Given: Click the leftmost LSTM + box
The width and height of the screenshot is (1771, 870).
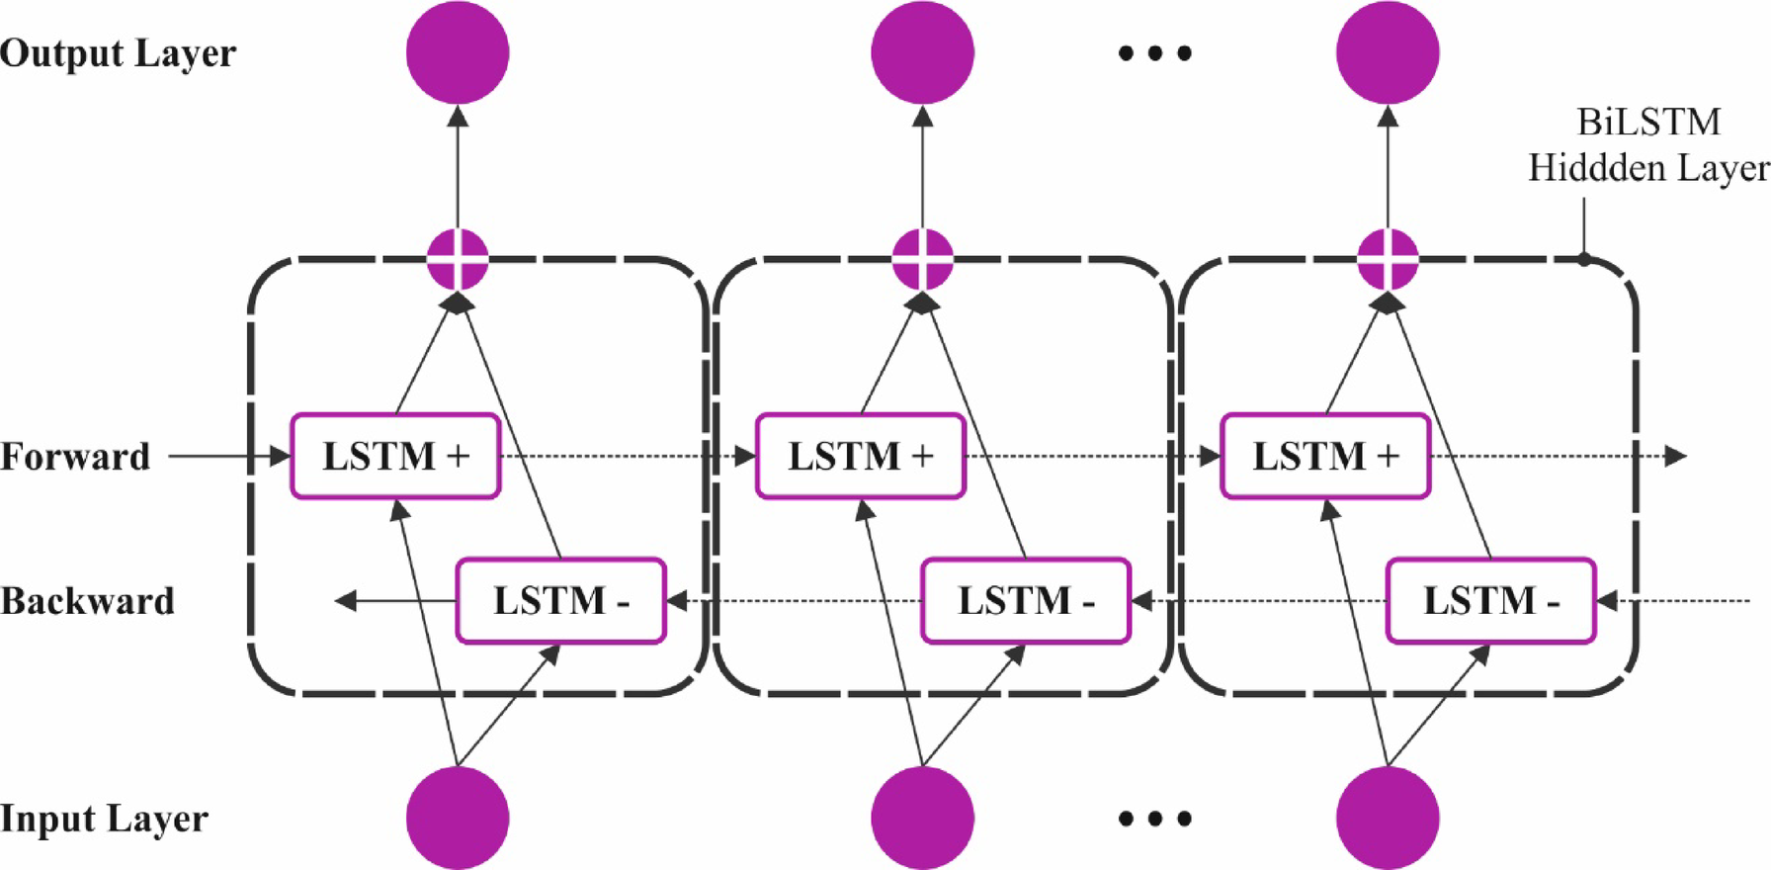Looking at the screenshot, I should [395, 456].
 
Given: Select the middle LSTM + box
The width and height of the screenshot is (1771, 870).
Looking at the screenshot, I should [860, 456].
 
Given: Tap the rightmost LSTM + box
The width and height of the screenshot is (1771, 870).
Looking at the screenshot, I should [1325, 456].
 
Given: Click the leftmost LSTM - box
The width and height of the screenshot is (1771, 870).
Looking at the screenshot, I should [560, 600].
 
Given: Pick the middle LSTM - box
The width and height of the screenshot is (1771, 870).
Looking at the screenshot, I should [1025, 600].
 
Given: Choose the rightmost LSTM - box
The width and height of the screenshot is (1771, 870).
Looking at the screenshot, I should [1490, 600].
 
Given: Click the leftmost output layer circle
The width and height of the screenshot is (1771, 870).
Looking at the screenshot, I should [458, 52].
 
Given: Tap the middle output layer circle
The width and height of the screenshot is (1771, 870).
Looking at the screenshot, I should [922, 52].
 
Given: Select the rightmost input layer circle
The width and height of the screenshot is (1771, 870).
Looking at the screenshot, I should [1388, 818].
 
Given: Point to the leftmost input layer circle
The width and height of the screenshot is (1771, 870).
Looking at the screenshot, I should [458, 818].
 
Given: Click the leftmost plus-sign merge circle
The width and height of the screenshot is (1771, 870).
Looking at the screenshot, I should [458, 259].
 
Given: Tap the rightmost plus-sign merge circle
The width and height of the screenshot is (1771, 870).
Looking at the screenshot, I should [1388, 259].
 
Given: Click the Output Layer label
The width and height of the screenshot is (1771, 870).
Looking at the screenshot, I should [118, 52].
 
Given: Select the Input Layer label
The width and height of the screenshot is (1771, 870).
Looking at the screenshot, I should [104, 819].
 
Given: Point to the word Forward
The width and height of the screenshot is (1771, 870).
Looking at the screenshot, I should [75, 457].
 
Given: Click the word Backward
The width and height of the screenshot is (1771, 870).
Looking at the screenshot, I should [87, 601].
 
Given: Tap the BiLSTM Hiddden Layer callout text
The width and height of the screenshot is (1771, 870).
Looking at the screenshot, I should [1647, 145].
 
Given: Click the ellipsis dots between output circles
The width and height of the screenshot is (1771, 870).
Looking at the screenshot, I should [1154, 53].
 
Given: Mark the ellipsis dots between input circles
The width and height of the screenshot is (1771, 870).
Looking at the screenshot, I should [1154, 819].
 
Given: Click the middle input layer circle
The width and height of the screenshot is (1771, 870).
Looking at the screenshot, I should [922, 818].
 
